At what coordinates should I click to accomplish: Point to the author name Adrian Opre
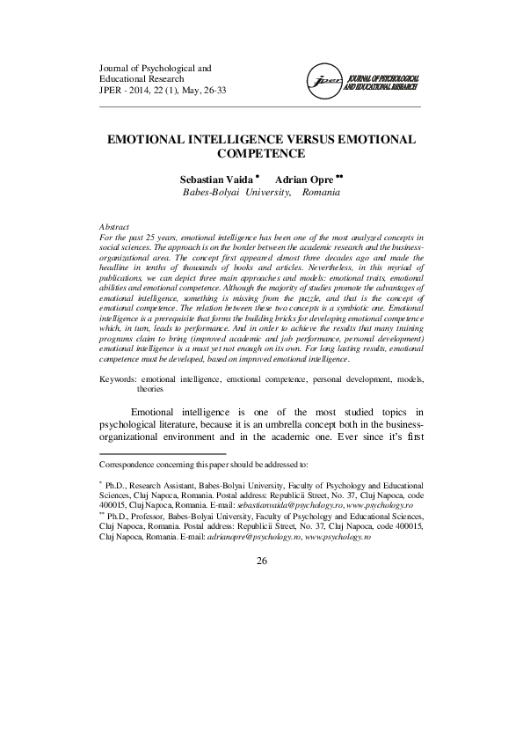point(301,178)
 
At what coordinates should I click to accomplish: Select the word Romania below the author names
point(320,192)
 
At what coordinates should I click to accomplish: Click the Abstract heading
point(113,226)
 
